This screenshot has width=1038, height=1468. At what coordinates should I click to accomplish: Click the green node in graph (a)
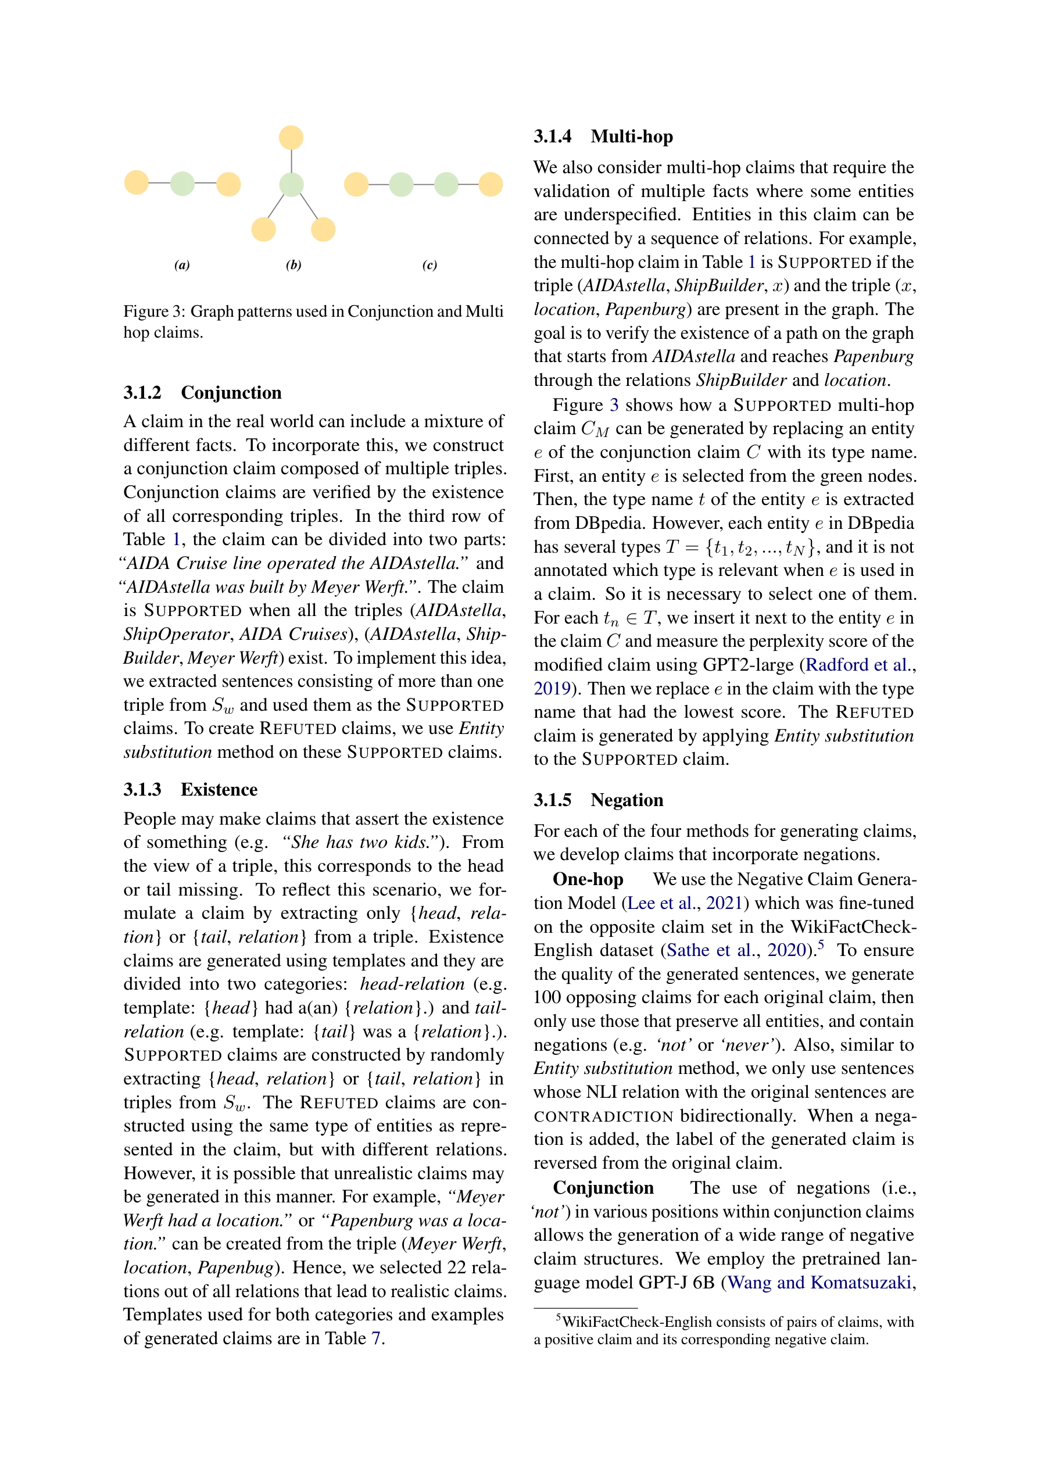point(182,184)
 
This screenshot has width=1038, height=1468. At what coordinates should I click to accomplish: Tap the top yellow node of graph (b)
point(291,138)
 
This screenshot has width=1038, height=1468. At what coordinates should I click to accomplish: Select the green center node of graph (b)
point(291,184)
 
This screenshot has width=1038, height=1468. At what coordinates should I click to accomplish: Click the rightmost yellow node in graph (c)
point(491,184)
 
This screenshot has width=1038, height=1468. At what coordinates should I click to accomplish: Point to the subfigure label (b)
point(293,264)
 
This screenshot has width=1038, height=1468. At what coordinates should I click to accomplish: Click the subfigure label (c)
point(429,264)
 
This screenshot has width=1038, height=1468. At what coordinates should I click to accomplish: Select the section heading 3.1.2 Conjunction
point(202,393)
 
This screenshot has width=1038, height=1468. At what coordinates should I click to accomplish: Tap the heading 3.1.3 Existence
point(190,790)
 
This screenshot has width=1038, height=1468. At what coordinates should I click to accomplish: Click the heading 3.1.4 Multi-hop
point(603,137)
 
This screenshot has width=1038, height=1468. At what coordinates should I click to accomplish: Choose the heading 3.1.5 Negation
point(598,800)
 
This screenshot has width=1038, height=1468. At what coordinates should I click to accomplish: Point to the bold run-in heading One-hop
point(588,879)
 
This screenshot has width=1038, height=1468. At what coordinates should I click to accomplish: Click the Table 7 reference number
point(376,1338)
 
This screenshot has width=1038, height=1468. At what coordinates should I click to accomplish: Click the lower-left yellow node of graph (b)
point(263,229)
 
